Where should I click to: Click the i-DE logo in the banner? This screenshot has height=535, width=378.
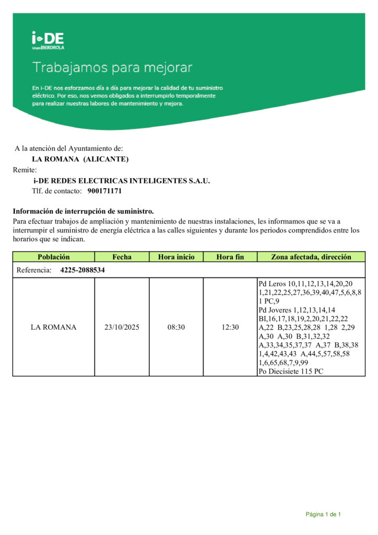coord(48,40)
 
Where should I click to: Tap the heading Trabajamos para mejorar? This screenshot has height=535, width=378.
coord(113,67)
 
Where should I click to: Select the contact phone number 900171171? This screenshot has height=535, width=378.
coord(104,191)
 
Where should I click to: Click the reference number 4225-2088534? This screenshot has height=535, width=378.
coord(82,270)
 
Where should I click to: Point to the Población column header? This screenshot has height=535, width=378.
coord(53,257)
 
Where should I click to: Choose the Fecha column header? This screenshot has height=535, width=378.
coord(122,257)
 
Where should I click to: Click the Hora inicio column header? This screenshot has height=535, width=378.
coord(176,257)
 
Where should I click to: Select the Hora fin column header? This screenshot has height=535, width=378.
coord(230,257)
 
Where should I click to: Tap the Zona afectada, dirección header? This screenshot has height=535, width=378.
coord(311,257)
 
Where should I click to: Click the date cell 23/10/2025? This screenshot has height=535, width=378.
coord(122,328)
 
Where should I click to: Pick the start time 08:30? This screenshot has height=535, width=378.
coord(176,328)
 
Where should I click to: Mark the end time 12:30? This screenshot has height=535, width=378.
coord(230,328)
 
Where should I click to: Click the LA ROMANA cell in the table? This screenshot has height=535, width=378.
coord(53,328)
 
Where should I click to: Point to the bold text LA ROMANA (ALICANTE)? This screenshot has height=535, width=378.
coord(80,159)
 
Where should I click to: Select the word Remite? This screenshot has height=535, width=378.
coord(25,170)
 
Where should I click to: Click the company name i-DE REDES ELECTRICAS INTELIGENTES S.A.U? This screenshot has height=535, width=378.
coord(121,181)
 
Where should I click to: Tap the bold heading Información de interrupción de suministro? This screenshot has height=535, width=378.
coord(83,211)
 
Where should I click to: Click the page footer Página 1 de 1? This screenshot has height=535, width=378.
coord(323,515)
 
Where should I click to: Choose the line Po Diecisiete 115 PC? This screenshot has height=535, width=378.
coord(291,371)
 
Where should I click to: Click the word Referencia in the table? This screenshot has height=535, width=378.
coord(34,270)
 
